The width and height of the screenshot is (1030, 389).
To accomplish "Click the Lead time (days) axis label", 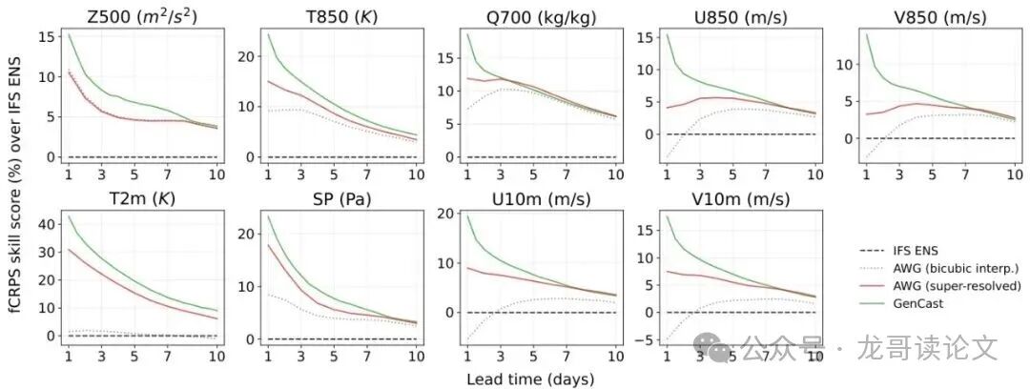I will [x=530, y=379].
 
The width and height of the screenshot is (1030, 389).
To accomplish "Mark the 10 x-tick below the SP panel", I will [x=417, y=357].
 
